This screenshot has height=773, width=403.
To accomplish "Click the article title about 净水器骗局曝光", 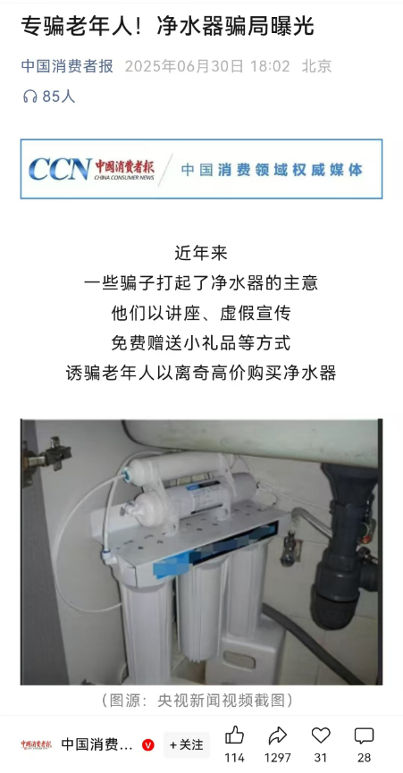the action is tap(168, 27).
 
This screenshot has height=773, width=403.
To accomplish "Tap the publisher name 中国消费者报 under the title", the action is tap(67, 65).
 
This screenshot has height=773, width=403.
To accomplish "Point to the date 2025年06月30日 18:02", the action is tap(207, 65).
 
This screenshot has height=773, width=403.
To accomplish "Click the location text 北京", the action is tap(317, 65).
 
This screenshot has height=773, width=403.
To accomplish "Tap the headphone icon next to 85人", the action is tap(30, 97).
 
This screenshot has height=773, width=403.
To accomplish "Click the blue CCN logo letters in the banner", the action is tap(60, 169).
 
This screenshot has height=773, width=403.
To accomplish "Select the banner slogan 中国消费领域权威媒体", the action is tap(272, 170).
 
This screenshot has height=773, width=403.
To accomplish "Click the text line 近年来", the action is tap(201, 254).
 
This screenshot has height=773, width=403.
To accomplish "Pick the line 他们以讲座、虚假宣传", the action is tap(201, 313).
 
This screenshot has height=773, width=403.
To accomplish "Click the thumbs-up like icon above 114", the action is tap(234, 735).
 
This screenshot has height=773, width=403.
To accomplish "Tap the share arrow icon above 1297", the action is tap(277, 736).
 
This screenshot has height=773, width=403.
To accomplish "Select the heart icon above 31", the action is tap(321, 735).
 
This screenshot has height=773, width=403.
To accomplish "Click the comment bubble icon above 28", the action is tap(364, 736).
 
